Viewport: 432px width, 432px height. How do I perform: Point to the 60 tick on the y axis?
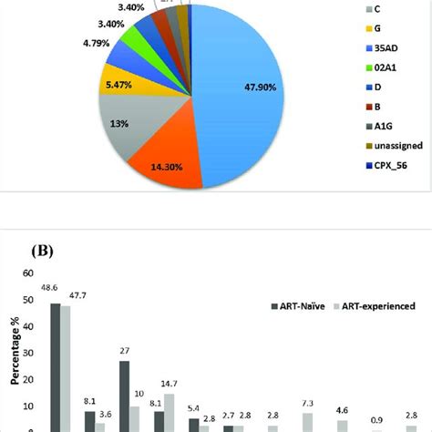pos(26,273)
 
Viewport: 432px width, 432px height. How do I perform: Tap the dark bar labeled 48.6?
pos(55,368)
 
